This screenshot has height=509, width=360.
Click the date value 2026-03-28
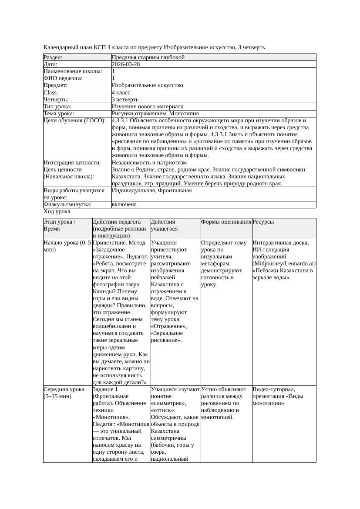tap(126, 64)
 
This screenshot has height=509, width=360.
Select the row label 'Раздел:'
tap(53, 57)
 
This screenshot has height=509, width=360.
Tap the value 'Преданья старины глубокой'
tap(148, 57)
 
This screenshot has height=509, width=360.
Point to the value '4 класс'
tap(121, 92)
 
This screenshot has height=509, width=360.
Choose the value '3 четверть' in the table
tap(125, 99)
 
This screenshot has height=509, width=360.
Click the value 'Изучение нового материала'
tap(148, 106)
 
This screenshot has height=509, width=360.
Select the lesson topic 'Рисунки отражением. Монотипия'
tap(155, 113)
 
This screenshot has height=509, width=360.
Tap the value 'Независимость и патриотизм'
tap(149, 162)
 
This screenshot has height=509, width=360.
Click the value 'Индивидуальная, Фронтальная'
tap(151, 191)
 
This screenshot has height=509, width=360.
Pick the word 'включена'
tap(124, 204)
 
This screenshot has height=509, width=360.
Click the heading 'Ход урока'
tap(57, 211)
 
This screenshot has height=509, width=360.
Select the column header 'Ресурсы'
tap(263, 222)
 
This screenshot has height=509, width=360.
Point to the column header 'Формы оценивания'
tap(226, 222)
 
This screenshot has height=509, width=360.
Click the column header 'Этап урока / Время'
tap(60, 225)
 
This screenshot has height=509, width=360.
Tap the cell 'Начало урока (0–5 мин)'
tap(67, 246)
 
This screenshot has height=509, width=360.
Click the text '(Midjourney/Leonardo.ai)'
tap(284, 264)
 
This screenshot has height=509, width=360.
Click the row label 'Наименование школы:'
tap(73, 71)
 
